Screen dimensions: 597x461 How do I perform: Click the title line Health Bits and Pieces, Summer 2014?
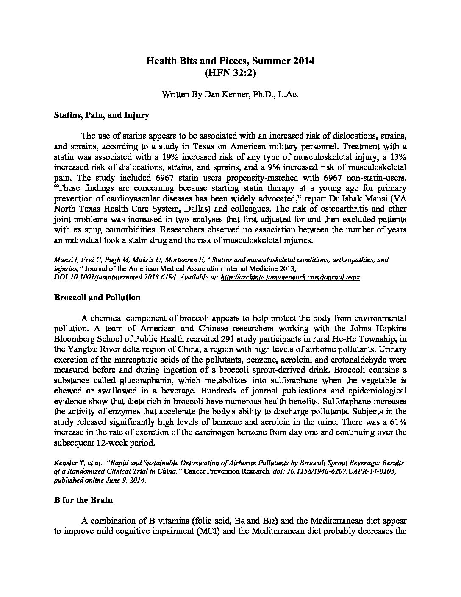click(230, 61)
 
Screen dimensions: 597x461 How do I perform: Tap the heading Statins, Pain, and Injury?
click(101, 115)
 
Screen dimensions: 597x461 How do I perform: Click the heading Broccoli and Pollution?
click(97, 297)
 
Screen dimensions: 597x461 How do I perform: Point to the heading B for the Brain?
click(83, 500)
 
